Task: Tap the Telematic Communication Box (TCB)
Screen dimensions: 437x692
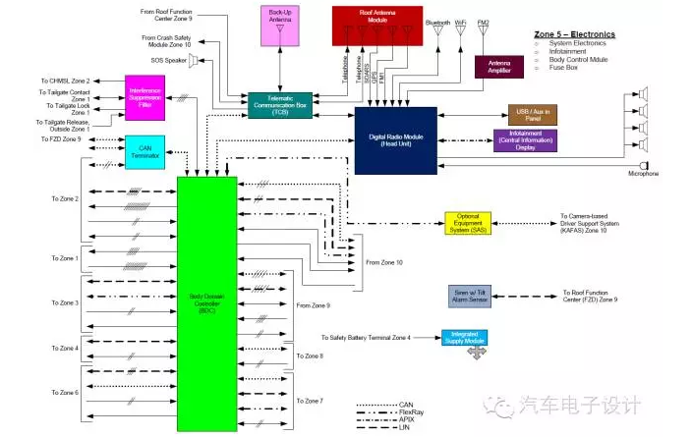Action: pos(281,105)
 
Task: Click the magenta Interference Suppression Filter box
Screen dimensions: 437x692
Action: pos(144,96)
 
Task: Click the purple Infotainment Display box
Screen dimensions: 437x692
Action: pos(532,139)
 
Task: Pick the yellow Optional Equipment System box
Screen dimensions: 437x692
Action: pos(474,222)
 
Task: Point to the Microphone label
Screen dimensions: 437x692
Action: pos(643,174)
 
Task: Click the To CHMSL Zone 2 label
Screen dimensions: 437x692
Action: pos(65,80)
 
